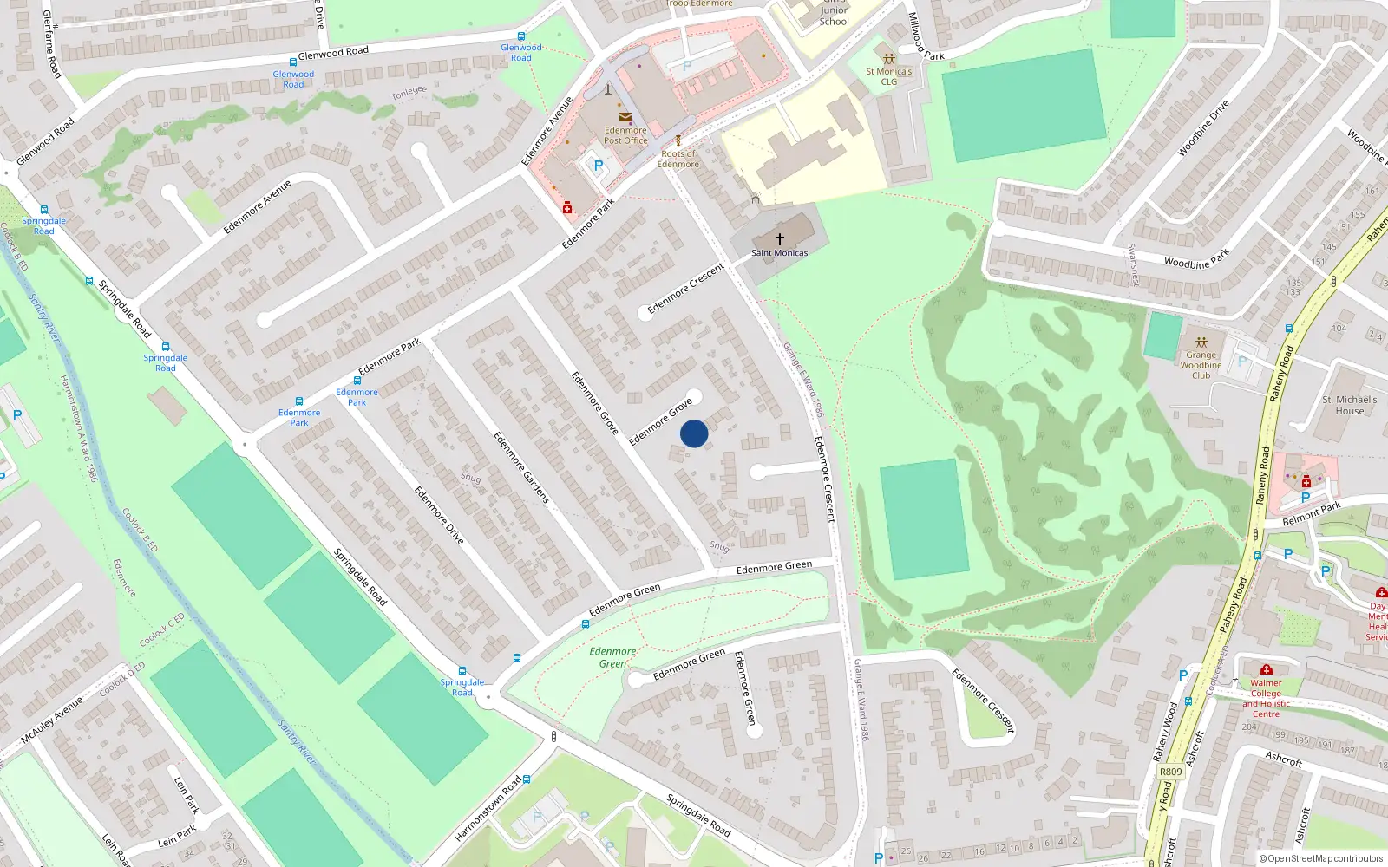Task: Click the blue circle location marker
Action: (694, 433)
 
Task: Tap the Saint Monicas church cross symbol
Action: (779, 238)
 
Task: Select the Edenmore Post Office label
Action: (625, 135)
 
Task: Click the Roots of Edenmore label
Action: (678, 159)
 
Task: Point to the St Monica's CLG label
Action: (889, 76)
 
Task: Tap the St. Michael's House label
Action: (1349, 405)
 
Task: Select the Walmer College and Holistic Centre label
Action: (1266, 698)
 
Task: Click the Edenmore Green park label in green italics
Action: (612, 657)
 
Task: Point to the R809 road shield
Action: (1170, 772)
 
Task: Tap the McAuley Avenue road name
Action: (52, 719)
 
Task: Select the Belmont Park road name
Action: (1312, 513)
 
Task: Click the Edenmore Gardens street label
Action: (521, 467)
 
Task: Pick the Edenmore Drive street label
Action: (439, 515)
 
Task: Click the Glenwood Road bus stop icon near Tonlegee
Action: (292, 62)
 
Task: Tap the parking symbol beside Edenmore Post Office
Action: (598, 165)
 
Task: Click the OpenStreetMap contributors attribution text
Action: (1320, 858)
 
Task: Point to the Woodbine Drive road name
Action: (1203, 128)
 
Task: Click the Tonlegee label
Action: (409, 91)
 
